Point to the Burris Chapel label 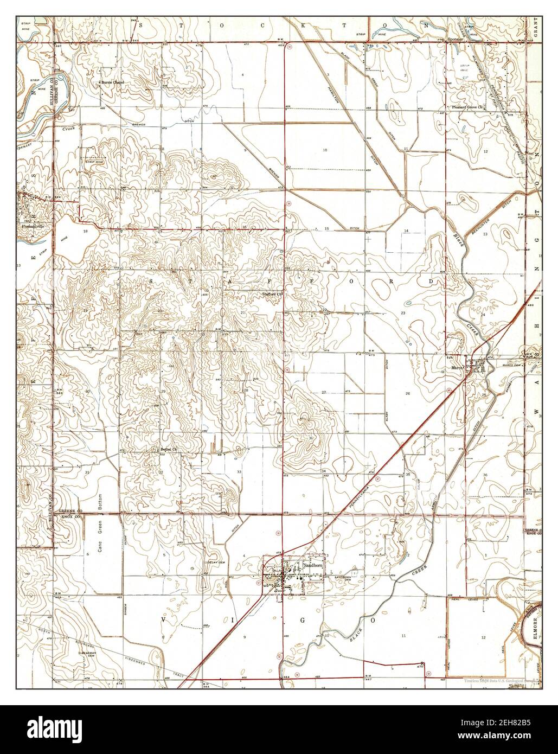[x=112, y=82]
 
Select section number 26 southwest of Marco [x=407, y=393]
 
